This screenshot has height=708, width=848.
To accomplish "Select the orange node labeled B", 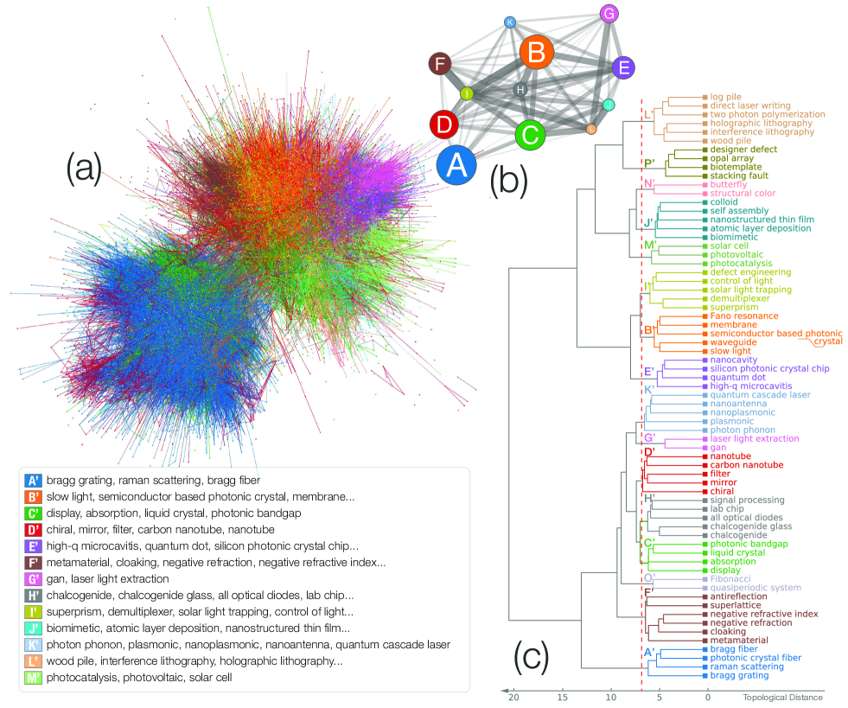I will point(536,54).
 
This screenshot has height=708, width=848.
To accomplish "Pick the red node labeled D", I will point(444,125).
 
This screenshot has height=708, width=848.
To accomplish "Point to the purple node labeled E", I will point(623,68).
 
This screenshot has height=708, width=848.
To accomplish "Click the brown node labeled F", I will point(441,64).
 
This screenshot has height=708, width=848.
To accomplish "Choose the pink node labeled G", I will point(609,14).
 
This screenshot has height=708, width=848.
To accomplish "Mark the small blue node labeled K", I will point(510,22).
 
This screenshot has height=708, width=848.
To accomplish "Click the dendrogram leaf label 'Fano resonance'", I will point(743,316).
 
